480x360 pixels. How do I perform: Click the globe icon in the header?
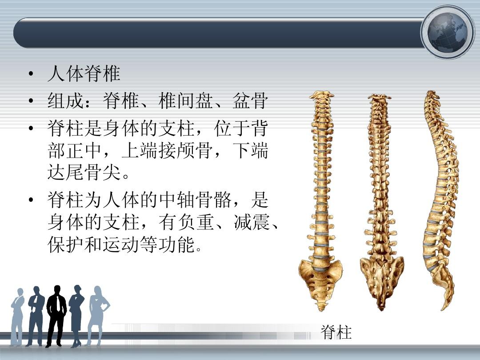(447, 32)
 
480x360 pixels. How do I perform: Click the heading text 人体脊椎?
(84, 74)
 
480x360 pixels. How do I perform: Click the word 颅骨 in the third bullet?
(195, 150)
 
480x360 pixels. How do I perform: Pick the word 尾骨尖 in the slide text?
(84, 172)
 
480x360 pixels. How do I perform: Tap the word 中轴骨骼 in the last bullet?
(195, 200)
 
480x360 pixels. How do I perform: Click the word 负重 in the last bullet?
(195, 222)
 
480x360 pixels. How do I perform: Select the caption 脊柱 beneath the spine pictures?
(336, 332)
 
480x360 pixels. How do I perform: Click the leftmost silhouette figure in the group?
(18, 317)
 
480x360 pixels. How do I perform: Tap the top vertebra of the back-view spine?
(379, 97)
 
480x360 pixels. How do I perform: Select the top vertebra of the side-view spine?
(432, 93)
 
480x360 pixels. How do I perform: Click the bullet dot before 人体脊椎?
(30, 74)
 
